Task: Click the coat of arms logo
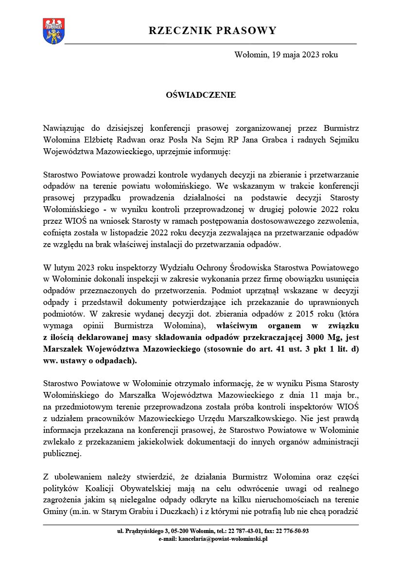[x=51, y=31]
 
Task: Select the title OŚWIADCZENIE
[x=201, y=95]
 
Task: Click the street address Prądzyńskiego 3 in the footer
[x=141, y=531]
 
